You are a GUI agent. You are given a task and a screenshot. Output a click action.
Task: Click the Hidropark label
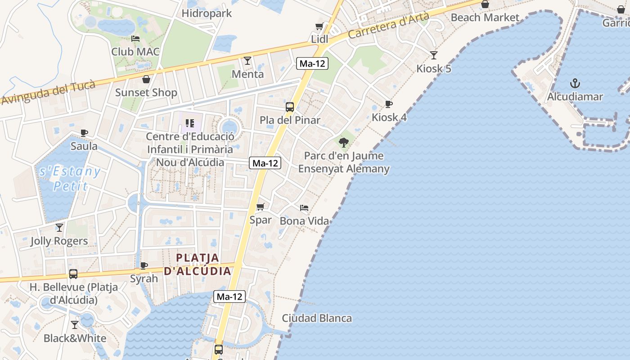(x=207, y=13)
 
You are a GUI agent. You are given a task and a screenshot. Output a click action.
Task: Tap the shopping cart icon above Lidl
(x=319, y=27)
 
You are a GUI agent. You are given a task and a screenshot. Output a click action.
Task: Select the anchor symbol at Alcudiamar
(x=575, y=83)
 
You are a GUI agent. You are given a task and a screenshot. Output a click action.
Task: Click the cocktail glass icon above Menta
(x=247, y=60)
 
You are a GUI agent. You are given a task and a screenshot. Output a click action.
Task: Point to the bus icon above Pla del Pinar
(x=290, y=107)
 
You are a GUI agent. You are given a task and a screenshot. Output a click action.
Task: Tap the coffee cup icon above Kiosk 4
(x=389, y=104)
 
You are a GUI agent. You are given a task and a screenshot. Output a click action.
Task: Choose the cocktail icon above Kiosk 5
(x=433, y=55)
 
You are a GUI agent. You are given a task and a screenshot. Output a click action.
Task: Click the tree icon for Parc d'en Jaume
(x=344, y=143)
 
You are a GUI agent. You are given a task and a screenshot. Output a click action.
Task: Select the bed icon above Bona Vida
(x=304, y=208)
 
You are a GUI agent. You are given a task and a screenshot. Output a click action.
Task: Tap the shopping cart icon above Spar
(x=261, y=207)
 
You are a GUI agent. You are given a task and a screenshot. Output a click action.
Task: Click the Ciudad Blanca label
(x=317, y=318)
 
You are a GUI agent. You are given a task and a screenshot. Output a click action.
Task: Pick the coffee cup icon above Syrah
(x=144, y=265)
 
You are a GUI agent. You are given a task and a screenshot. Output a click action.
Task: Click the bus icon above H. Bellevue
(x=73, y=274)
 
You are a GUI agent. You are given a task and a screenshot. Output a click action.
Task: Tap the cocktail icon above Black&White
(x=75, y=324)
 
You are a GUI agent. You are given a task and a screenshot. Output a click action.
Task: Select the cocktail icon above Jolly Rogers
(x=59, y=228)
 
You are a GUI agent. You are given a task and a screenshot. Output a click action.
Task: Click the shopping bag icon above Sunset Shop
(x=146, y=80)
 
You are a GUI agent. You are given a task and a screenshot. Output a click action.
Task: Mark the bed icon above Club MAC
(x=135, y=39)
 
